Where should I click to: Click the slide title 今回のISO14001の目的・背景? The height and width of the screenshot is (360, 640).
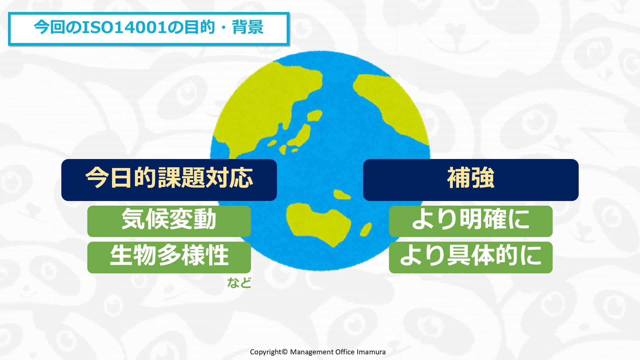149,27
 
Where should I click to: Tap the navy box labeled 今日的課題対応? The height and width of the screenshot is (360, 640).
169,180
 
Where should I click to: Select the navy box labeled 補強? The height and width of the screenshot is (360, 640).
471,180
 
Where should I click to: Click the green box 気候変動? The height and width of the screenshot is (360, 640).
169,221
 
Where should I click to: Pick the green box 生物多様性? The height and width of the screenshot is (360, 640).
169,257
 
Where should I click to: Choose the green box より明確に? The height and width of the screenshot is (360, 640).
471,221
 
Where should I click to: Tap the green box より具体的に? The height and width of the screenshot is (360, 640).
471,257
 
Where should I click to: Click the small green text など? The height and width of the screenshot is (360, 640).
239,283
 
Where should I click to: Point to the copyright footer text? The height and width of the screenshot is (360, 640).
318,352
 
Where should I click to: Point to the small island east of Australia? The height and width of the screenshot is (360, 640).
366,229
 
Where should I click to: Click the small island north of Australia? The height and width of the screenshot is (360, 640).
342,194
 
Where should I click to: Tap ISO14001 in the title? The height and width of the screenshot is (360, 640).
124,27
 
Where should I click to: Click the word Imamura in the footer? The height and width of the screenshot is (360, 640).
371,352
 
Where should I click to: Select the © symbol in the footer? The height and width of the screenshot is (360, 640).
284,352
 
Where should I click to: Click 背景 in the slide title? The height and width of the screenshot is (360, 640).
248,27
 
